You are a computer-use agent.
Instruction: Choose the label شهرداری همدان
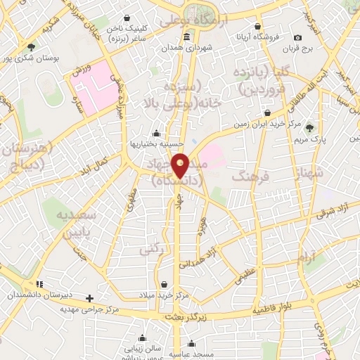[x=186, y=47]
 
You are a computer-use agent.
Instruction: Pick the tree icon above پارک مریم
[x=310, y=127]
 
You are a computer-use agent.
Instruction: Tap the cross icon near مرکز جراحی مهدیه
[x=89, y=298]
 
